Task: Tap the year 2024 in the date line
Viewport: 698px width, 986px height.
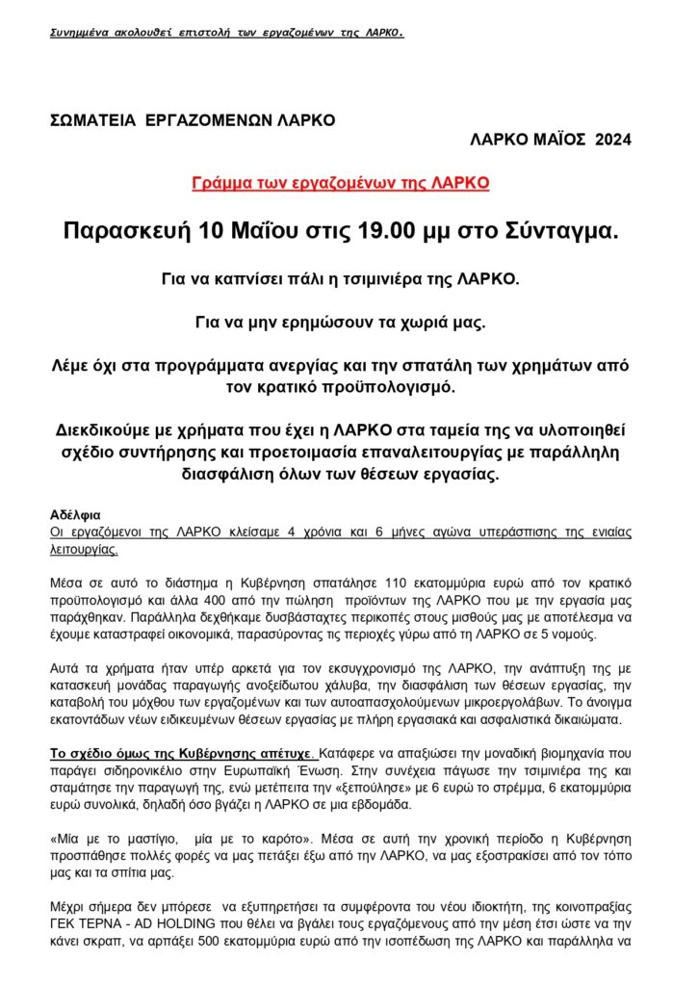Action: pos(613,141)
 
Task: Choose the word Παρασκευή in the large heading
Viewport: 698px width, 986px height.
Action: pos(126,232)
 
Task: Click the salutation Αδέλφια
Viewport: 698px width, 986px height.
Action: pos(75,515)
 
